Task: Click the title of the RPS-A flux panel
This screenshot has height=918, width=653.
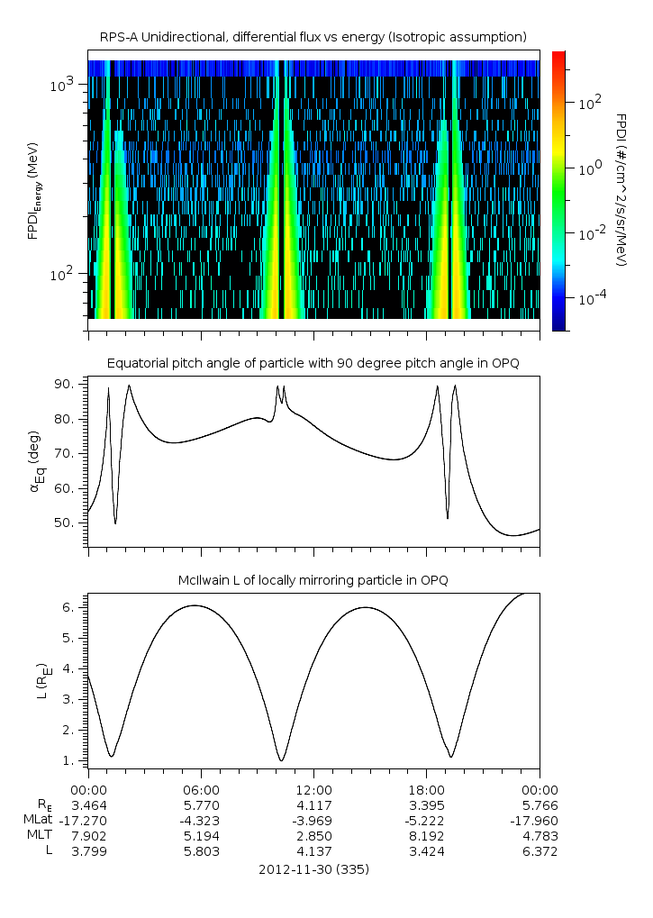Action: (x=313, y=37)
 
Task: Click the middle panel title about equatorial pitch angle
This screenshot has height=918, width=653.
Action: (x=313, y=363)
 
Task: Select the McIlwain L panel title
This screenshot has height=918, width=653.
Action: (x=313, y=580)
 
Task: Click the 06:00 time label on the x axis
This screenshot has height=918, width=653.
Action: (x=201, y=787)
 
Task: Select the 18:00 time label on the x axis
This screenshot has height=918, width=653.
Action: (x=426, y=787)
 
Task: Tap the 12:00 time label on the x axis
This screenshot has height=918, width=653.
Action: (x=313, y=787)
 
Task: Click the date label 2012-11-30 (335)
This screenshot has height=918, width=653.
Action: (x=313, y=869)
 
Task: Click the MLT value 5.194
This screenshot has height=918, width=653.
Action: (x=201, y=836)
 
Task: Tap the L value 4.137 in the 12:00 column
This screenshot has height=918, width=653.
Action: (x=313, y=851)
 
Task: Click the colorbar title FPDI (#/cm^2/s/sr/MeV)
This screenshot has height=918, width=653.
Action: (x=621, y=189)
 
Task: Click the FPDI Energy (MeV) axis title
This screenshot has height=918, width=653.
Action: (x=33, y=190)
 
